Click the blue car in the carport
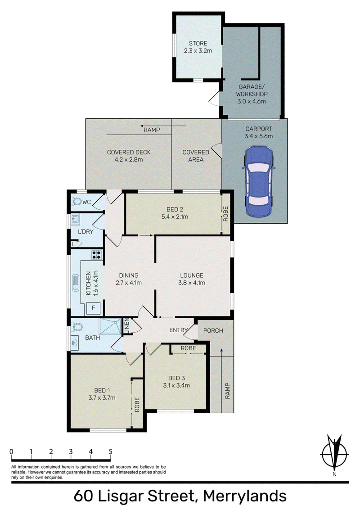tap(259, 181)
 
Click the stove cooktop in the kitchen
tap(97, 255)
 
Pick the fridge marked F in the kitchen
tap(94, 307)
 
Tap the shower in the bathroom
tap(110, 326)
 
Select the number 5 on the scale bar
tap(111, 451)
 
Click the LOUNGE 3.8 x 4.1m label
tap(192, 279)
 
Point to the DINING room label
tap(128, 275)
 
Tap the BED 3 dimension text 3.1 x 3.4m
tap(176, 385)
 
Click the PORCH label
tap(213, 330)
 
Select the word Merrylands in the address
tap(245, 496)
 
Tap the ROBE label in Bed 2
tap(226, 214)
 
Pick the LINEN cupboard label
tap(127, 326)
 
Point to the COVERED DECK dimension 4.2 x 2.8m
tap(129, 159)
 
